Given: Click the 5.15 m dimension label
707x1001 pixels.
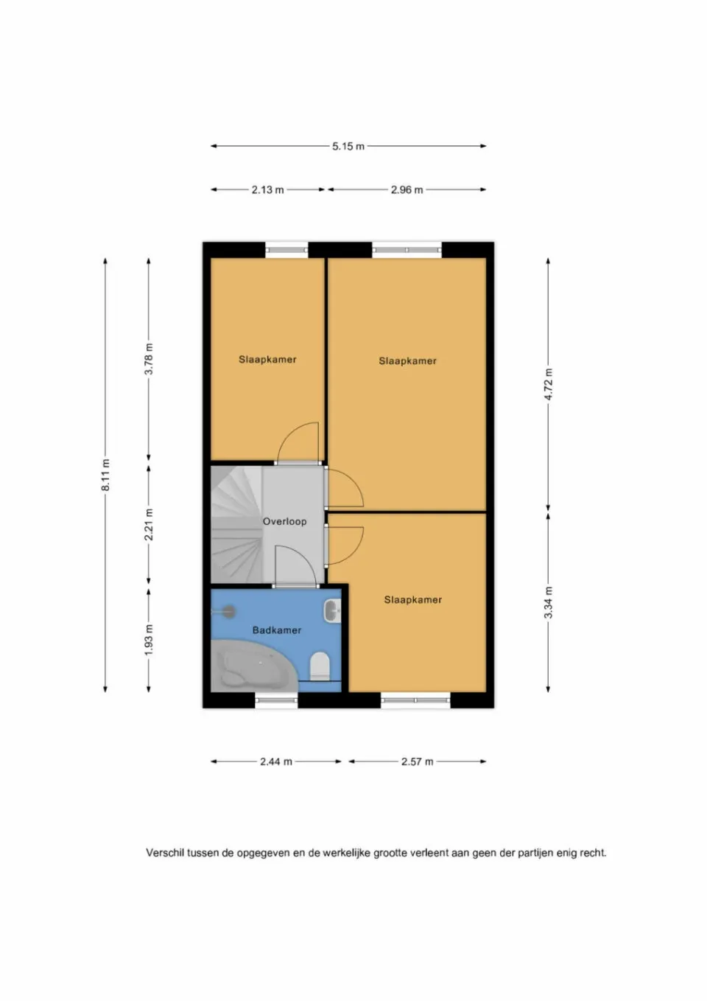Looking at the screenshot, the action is (x=348, y=146).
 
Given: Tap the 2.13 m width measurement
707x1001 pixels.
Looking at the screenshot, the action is (x=267, y=190).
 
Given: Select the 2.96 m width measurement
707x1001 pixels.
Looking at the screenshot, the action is (x=407, y=190).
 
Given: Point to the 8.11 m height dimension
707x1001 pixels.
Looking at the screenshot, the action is (x=105, y=475).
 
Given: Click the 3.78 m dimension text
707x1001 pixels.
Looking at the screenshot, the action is (x=149, y=359).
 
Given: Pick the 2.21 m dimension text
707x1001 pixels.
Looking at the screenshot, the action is (x=149, y=525).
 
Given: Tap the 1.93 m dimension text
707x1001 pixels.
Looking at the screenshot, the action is (x=149, y=640).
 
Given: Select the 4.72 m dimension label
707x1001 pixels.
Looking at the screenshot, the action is (x=549, y=384).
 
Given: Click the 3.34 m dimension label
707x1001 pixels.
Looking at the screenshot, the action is (x=549, y=602).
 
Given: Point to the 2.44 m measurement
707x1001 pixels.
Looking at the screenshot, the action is (x=276, y=761).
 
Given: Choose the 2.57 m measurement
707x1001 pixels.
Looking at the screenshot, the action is (x=417, y=761).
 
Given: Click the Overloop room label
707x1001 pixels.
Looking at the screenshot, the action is (x=284, y=521).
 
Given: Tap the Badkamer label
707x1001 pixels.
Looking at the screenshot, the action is (x=277, y=630).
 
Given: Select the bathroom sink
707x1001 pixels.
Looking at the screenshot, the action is (x=331, y=610).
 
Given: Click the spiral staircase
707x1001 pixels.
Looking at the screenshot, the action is (x=236, y=525).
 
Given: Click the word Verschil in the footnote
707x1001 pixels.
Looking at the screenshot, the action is (x=164, y=853).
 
